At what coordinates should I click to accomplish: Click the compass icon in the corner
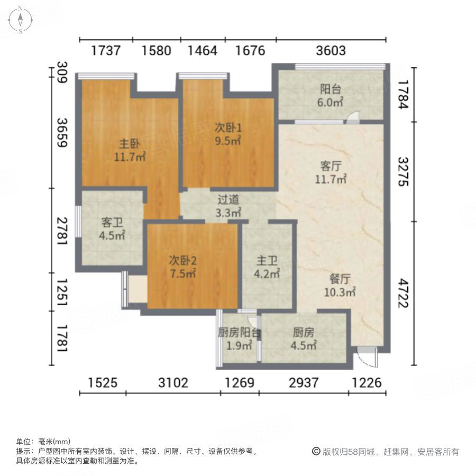20,20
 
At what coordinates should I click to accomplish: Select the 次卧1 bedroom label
228,127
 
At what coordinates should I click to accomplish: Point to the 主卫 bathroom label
267,261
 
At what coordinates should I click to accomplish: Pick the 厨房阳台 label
239,333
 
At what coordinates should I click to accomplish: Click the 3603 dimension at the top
331,51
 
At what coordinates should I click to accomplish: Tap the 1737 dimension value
106,51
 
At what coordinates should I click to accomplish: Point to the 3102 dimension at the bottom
173,382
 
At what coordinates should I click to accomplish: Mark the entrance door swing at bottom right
366,356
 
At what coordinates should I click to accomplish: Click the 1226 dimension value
367,382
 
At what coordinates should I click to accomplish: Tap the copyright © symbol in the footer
316,452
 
